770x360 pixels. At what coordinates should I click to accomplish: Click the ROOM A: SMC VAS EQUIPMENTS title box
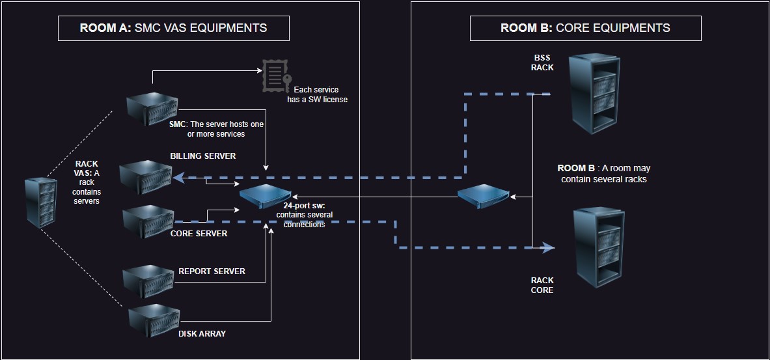[x=173, y=28]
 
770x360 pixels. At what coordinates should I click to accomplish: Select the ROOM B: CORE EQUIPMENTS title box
[x=585, y=28]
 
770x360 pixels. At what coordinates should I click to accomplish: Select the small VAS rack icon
[x=38, y=201]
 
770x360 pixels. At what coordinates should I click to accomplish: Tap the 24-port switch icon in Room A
[x=265, y=194]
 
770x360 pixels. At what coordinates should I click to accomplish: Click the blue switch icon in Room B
[x=482, y=195]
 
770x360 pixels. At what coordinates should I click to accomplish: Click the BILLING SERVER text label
[x=203, y=156]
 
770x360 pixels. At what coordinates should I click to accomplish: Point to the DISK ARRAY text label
[x=202, y=334]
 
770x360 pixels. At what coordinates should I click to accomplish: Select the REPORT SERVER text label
[x=212, y=271]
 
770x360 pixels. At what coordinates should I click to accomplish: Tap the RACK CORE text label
[x=542, y=285]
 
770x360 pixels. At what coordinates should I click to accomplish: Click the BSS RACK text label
[x=542, y=62]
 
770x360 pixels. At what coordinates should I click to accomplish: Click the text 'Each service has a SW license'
[x=317, y=94]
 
